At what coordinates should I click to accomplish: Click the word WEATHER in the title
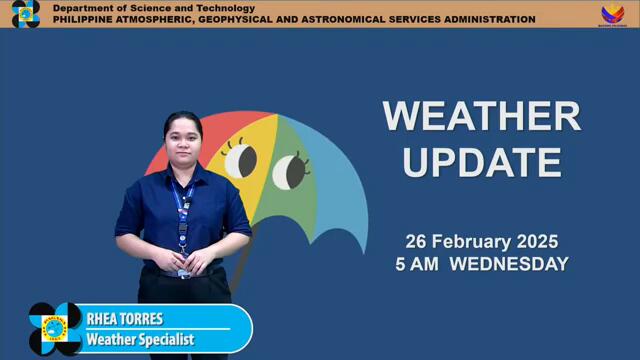(481, 116)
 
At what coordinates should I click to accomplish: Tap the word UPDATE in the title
(481, 161)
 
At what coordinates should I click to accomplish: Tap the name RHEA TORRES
(124, 320)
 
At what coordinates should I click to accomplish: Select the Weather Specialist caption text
(140, 340)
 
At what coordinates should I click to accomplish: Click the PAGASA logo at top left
(25, 14)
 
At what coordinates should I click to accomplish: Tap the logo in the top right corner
(612, 14)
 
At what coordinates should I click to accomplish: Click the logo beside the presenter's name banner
(55, 328)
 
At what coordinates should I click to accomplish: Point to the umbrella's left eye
(240, 160)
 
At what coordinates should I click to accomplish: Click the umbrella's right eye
(289, 171)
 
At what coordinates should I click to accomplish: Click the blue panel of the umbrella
(335, 190)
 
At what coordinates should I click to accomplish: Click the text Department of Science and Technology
(154, 8)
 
